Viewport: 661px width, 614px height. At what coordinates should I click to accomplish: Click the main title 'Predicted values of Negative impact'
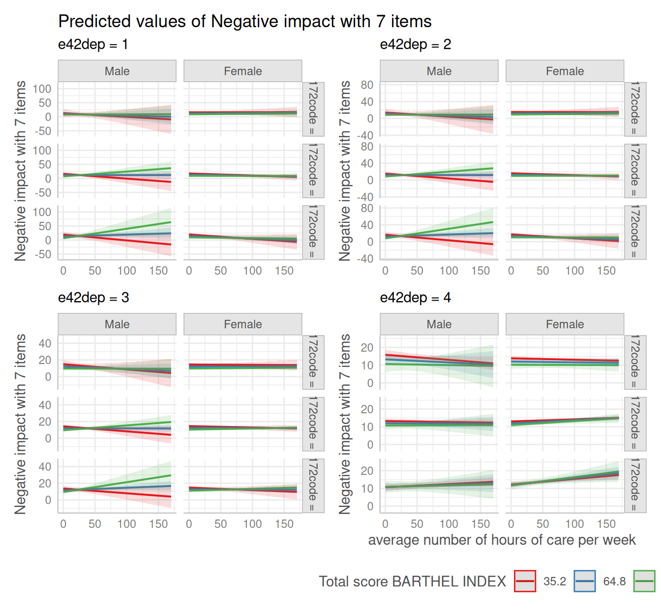(x=244, y=22)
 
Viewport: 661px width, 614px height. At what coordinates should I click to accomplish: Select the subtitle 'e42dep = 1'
(x=93, y=45)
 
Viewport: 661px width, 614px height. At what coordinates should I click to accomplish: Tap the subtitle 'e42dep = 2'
(x=416, y=45)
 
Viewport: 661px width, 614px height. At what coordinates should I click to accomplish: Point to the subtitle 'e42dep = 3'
(x=93, y=298)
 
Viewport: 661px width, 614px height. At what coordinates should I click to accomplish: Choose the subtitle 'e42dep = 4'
(x=416, y=298)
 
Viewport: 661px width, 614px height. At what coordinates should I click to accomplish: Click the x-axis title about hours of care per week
(x=502, y=540)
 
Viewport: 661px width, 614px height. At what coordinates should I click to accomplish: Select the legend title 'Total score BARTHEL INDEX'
(x=412, y=582)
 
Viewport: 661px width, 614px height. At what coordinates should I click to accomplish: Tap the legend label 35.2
(x=555, y=582)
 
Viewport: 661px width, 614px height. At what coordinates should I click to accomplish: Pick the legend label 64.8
(x=614, y=582)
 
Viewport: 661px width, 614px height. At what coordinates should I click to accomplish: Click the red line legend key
(x=525, y=581)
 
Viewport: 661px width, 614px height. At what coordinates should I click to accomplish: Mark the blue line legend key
(x=585, y=581)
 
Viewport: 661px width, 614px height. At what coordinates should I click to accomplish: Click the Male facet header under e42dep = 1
(x=117, y=71)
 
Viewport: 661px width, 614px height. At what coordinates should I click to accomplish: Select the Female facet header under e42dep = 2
(x=565, y=71)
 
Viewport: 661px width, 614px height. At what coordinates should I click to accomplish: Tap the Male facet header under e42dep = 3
(x=117, y=325)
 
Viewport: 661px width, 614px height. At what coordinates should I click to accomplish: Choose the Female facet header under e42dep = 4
(x=565, y=325)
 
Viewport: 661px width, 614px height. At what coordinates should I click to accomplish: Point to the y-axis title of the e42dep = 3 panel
(x=20, y=424)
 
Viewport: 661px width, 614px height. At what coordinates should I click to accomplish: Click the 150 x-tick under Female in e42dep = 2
(x=606, y=271)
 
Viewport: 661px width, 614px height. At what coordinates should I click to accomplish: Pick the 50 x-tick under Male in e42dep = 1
(x=95, y=271)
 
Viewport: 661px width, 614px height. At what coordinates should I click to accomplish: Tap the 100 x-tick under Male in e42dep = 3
(x=127, y=524)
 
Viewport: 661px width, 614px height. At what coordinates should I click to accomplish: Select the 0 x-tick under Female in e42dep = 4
(x=511, y=524)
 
